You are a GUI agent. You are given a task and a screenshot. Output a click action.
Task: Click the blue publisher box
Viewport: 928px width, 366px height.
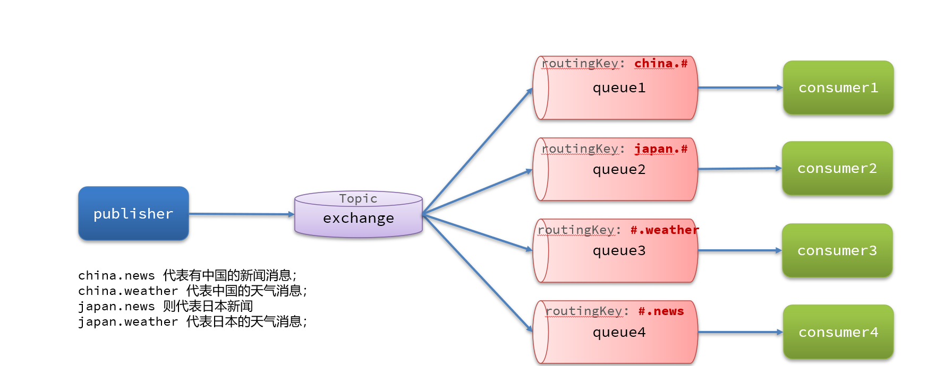pyautogui.click(x=133, y=213)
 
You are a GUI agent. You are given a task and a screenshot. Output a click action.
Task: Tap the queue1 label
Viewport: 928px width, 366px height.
pyautogui.click(x=619, y=88)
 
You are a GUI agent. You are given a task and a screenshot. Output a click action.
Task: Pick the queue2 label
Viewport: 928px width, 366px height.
pyautogui.click(x=619, y=170)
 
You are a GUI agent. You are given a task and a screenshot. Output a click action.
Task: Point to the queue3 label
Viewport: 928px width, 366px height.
pyautogui.click(x=619, y=251)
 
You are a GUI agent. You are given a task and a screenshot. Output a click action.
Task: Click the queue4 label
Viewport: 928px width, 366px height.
pyautogui.click(x=619, y=333)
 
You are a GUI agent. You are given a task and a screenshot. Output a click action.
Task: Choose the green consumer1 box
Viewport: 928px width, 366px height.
pyautogui.click(x=838, y=88)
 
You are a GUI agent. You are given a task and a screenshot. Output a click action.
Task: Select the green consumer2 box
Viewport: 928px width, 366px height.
pyautogui.click(x=837, y=168)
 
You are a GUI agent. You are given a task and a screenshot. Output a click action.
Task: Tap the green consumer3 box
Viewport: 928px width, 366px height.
pyautogui.click(x=837, y=250)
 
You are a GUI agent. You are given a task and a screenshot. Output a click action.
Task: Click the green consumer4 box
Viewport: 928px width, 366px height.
pyautogui.click(x=838, y=332)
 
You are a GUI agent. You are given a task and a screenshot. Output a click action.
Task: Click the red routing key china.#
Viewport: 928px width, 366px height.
pyautogui.click(x=661, y=64)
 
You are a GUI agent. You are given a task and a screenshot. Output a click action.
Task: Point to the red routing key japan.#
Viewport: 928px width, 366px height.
pyautogui.click(x=661, y=149)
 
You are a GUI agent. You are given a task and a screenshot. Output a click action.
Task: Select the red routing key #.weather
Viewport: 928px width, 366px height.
pyautogui.click(x=665, y=230)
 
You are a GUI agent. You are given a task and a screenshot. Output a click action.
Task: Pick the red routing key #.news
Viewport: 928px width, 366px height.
pyautogui.click(x=661, y=311)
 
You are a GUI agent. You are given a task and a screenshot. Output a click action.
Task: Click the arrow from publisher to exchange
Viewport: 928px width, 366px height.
pyautogui.click(x=242, y=214)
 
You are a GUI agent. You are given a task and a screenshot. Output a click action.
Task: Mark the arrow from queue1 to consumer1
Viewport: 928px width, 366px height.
pyautogui.click(x=740, y=88)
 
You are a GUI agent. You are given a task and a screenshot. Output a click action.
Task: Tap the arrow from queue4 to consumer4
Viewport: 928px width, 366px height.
pyautogui.click(x=740, y=332)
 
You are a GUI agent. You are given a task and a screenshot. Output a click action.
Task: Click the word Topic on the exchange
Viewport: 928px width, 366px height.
pyautogui.click(x=359, y=199)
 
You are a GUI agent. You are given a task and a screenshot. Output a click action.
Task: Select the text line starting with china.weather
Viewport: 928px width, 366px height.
pyautogui.click(x=192, y=291)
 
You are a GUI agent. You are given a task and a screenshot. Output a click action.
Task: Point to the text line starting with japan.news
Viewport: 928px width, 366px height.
pyautogui.click(x=165, y=307)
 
